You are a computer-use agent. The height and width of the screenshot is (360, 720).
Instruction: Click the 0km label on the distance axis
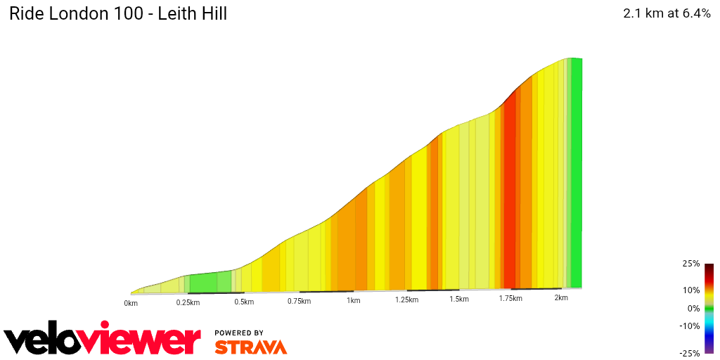(131, 303)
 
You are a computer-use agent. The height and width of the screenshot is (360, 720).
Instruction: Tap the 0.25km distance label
(188, 302)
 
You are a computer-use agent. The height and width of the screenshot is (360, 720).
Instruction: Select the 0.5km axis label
(244, 302)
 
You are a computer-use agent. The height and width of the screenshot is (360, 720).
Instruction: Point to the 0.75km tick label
(299, 301)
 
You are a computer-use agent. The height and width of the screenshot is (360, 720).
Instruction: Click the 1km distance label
(353, 300)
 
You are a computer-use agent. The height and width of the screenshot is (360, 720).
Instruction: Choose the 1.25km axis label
(407, 300)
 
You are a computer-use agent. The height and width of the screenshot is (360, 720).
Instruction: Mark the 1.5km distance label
(459, 299)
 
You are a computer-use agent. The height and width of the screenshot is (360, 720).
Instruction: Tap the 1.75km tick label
(510, 298)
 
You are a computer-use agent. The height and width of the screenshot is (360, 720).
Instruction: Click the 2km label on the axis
(561, 297)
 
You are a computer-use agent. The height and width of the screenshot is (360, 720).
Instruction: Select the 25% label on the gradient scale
(690, 264)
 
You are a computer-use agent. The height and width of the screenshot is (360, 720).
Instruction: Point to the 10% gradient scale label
(690, 290)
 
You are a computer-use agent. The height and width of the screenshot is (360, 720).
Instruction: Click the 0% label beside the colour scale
(693, 308)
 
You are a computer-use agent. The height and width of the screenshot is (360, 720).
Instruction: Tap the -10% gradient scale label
(689, 326)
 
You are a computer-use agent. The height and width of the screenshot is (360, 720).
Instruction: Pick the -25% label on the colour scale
(689, 353)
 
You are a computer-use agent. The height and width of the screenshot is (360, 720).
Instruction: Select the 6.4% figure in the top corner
(692, 13)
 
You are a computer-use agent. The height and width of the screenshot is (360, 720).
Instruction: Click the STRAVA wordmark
(250, 347)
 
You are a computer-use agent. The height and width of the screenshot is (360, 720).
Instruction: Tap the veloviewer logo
(103, 340)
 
